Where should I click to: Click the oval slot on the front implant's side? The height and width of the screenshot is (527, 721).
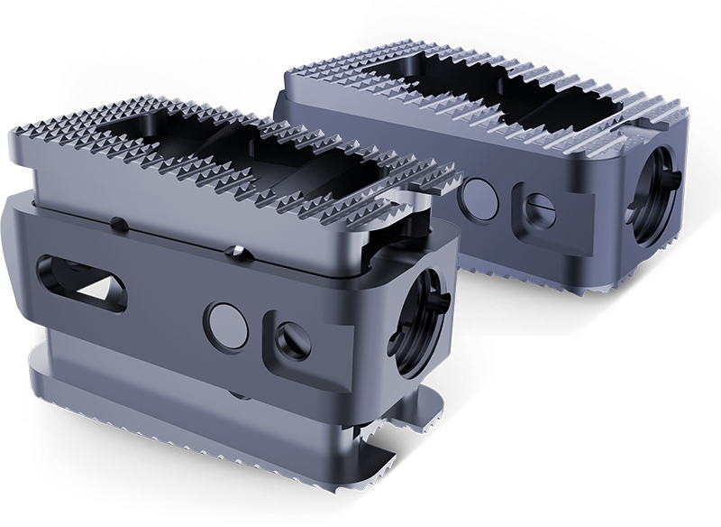[77, 273]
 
